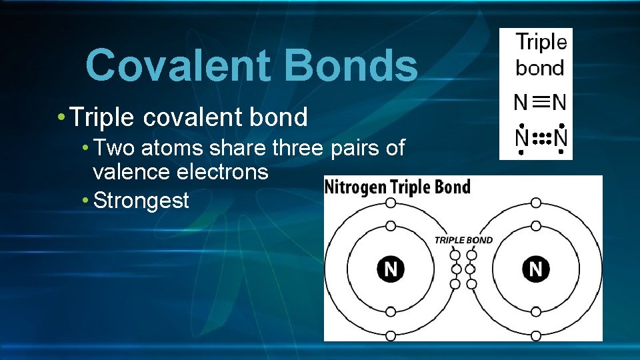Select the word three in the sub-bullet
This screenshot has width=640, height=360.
point(296,147)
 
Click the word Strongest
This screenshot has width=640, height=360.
point(141,200)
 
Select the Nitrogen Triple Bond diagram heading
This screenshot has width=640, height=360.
point(397,187)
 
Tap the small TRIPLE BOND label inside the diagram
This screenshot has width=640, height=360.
point(463,240)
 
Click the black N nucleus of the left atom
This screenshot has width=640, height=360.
point(391,269)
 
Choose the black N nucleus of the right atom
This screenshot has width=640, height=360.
point(536,269)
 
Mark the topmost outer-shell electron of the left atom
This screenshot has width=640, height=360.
point(391,203)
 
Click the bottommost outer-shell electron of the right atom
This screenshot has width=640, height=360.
point(536,336)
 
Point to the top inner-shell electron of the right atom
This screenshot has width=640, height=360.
point(536,226)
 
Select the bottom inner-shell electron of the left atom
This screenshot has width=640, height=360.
point(391,312)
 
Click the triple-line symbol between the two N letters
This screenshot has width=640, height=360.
point(541,102)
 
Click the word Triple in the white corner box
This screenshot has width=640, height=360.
point(541,43)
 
